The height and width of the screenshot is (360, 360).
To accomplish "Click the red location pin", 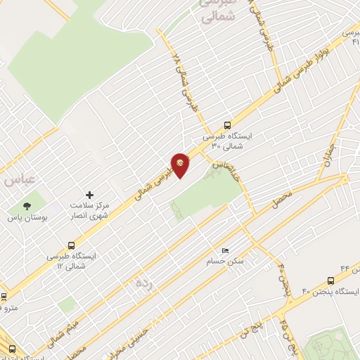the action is (x=181, y=165).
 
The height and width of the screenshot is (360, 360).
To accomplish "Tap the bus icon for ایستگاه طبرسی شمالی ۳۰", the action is (x=226, y=125).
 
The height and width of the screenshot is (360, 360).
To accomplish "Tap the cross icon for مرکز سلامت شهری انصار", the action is (x=89, y=195).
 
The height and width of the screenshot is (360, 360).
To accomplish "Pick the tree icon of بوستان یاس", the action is (x=27, y=206).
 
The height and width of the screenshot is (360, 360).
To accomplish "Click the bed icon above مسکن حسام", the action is (x=225, y=250).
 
